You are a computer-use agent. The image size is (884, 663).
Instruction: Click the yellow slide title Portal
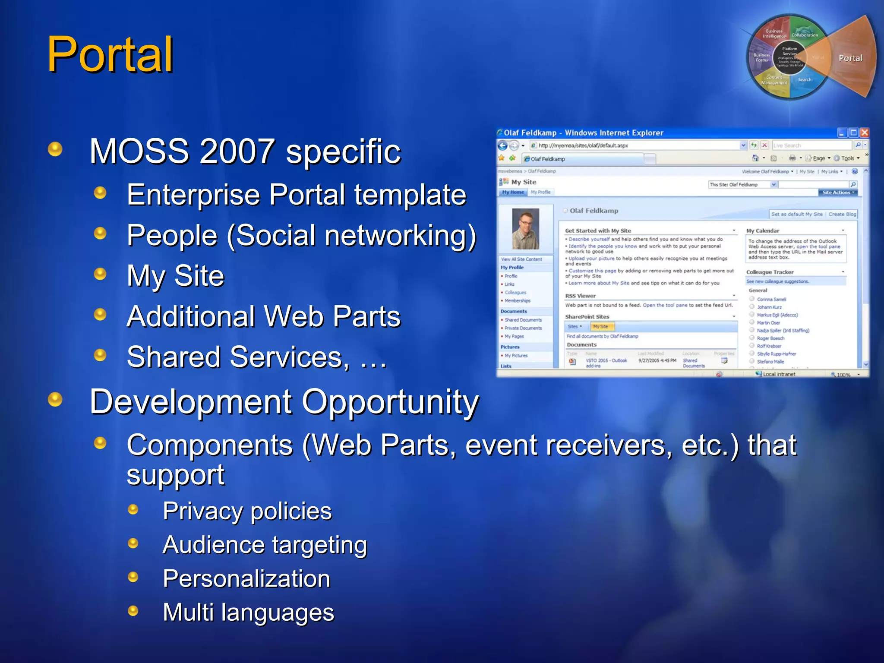click(110, 55)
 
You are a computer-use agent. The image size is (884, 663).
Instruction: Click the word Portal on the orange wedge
click(850, 58)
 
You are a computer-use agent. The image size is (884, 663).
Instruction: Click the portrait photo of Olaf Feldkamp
click(525, 228)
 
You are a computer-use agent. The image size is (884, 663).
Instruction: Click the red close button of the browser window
click(864, 133)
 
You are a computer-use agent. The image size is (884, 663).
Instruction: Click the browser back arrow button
click(502, 145)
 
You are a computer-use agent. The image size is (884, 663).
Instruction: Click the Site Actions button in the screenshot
click(837, 193)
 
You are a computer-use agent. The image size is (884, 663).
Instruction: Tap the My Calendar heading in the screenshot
click(763, 230)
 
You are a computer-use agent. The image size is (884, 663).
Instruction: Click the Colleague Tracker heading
click(770, 272)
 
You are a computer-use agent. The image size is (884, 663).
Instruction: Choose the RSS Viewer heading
click(580, 296)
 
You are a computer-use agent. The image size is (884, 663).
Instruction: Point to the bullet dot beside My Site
click(100, 274)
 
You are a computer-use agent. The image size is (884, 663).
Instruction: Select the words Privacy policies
click(247, 511)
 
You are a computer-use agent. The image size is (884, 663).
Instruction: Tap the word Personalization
click(246, 578)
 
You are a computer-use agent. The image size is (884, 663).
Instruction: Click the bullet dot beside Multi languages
click(133, 610)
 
